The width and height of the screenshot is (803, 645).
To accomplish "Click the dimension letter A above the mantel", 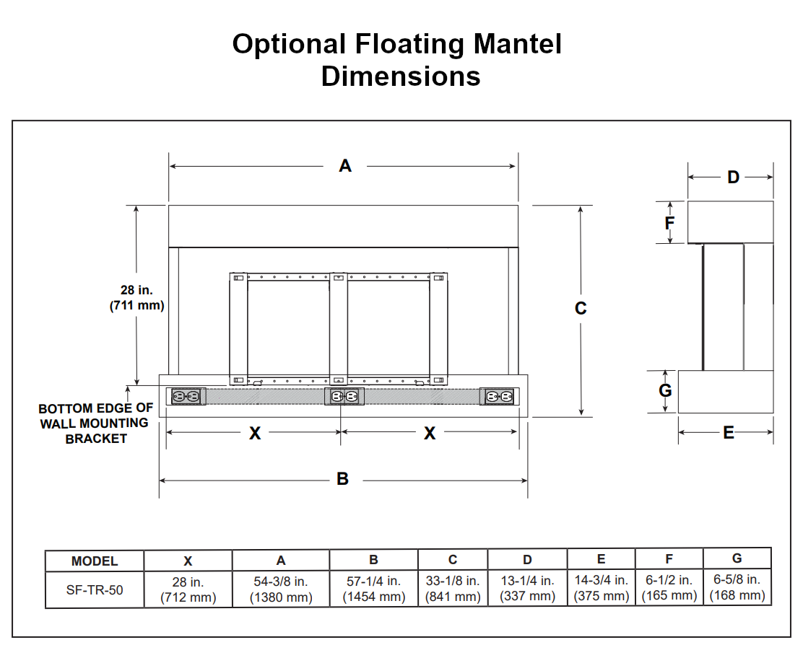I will (345, 166).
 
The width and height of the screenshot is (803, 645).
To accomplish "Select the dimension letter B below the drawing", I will (343, 479).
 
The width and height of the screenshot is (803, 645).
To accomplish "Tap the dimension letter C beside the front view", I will (581, 308).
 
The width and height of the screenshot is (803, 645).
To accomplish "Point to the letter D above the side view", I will (733, 177).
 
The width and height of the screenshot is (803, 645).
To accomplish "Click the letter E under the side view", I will (728, 432).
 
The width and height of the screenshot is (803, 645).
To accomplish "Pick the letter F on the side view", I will (669, 222).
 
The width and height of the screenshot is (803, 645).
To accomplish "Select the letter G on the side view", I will (666, 390).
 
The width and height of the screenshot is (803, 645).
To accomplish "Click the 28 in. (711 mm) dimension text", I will (137, 297).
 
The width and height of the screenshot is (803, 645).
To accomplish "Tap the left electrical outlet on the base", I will (186, 397).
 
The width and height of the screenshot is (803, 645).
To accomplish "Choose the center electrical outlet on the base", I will (344, 397).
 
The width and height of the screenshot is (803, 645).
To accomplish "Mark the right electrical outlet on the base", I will (499, 397).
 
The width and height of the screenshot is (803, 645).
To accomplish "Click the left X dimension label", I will (255, 433).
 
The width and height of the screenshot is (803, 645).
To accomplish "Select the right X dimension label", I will (430, 433).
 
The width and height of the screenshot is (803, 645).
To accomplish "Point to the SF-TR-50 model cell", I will (95, 589).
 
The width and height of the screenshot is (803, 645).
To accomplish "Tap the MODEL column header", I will (95, 561).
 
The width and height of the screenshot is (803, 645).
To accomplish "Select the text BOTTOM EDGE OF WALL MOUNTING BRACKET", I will (95, 424).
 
